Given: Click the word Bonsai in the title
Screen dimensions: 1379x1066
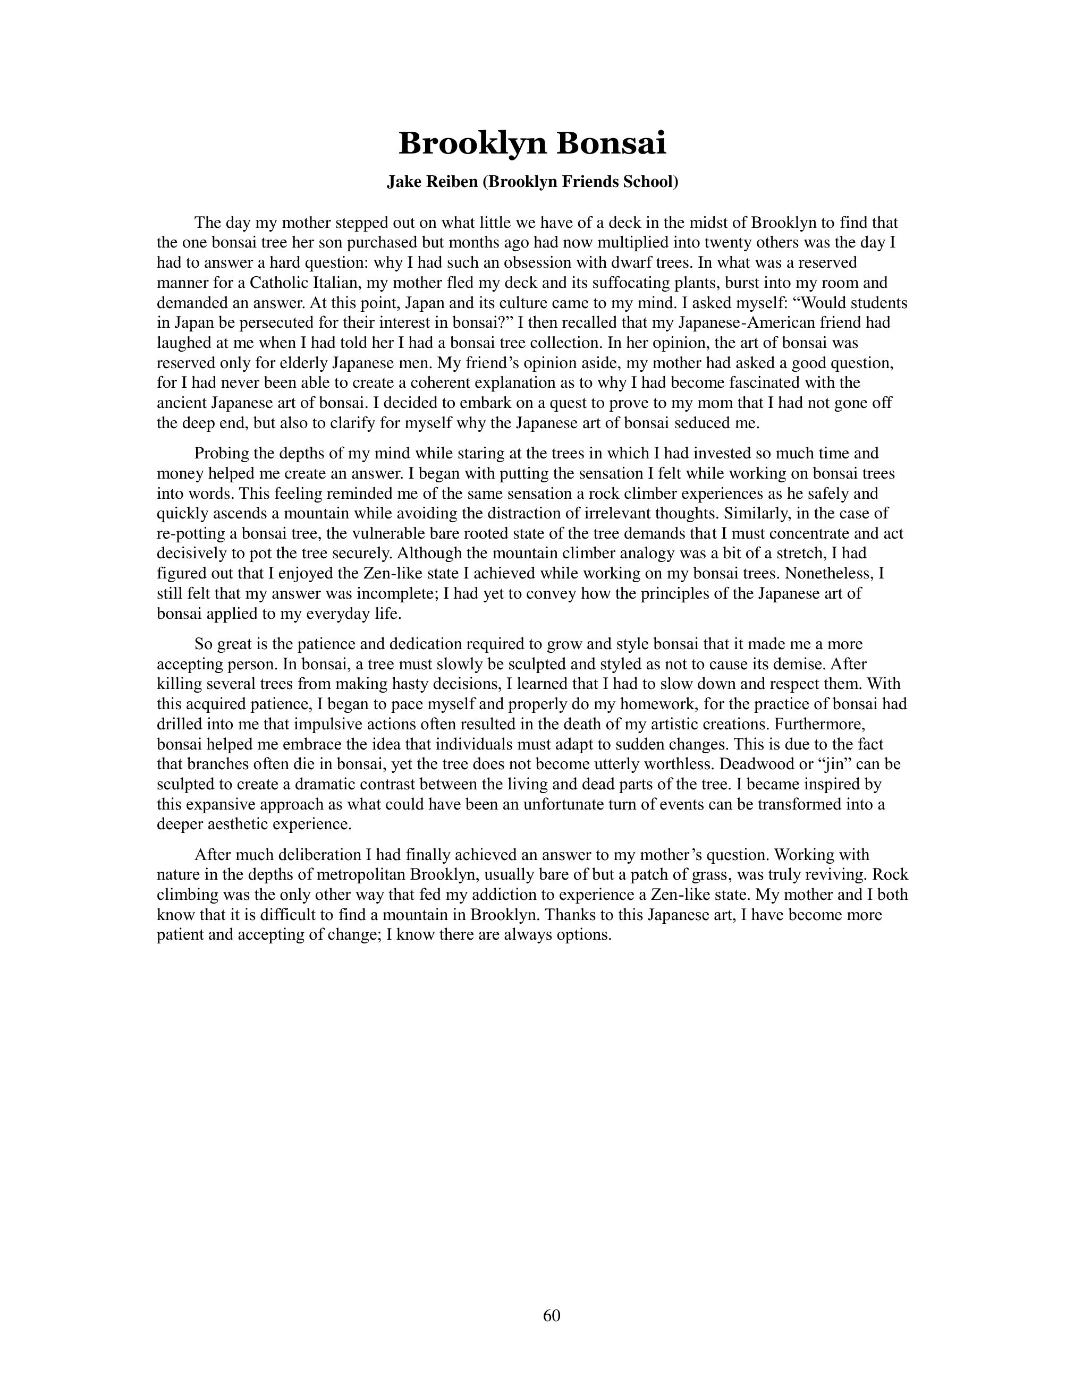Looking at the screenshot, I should coord(611,143).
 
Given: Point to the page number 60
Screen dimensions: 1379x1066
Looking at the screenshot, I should coord(551,1315).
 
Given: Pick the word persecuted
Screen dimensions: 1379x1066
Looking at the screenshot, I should coord(256,322).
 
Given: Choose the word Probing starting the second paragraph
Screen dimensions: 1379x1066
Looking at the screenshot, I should coord(222,453).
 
